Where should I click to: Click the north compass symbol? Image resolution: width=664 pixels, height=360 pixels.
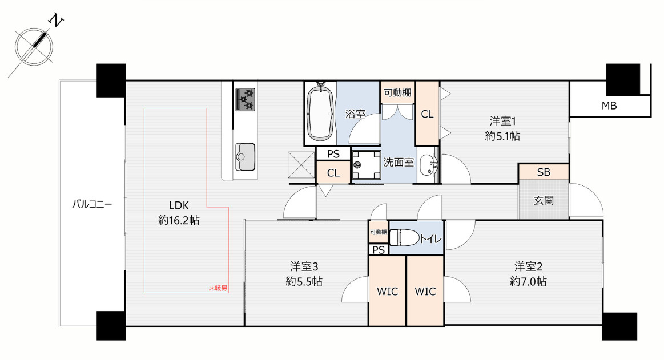pyautogui.click(x=34, y=47)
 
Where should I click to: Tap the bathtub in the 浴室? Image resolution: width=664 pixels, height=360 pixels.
pyautogui.click(x=320, y=112)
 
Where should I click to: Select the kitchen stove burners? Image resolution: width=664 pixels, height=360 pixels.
pyautogui.click(x=245, y=100)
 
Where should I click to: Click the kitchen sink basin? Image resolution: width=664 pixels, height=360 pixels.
pyautogui.click(x=245, y=156)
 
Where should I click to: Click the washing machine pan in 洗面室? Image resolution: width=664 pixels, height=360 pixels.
pyautogui.click(x=366, y=165)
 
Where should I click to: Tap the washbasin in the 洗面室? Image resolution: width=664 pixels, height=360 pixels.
pyautogui.click(x=428, y=165)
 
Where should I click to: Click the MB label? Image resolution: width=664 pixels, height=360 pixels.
pyautogui.click(x=609, y=106)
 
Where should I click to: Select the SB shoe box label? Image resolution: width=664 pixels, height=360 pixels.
pyautogui.click(x=544, y=172)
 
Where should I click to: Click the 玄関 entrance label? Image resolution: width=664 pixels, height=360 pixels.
pyautogui.click(x=544, y=200)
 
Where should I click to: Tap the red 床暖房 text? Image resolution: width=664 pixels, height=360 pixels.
pyautogui.click(x=218, y=288)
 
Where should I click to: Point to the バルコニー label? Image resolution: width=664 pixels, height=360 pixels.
pyautogui.click(x=92, y=205)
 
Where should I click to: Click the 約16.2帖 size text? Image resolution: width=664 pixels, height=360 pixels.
pyautogui.click(x=179, y=220)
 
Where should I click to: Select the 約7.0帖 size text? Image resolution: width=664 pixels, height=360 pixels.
pyautogui.click(x=528, y=281)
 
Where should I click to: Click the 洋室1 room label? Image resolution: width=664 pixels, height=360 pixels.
pyautogui.click(x=502, y=122)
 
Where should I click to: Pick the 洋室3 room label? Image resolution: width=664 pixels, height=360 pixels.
pyautogui.click(x=304, y=266)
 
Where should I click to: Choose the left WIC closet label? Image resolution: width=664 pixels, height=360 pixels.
pyautogui.click(x=388, y=292)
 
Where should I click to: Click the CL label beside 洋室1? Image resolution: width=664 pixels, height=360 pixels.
pyautogui.click(x=427, y=114)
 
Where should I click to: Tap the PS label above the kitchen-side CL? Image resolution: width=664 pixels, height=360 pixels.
pyautogui.click(x=333, y=154)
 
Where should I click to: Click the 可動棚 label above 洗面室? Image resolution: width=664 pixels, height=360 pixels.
pyautogui.click(x=397, y=92)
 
